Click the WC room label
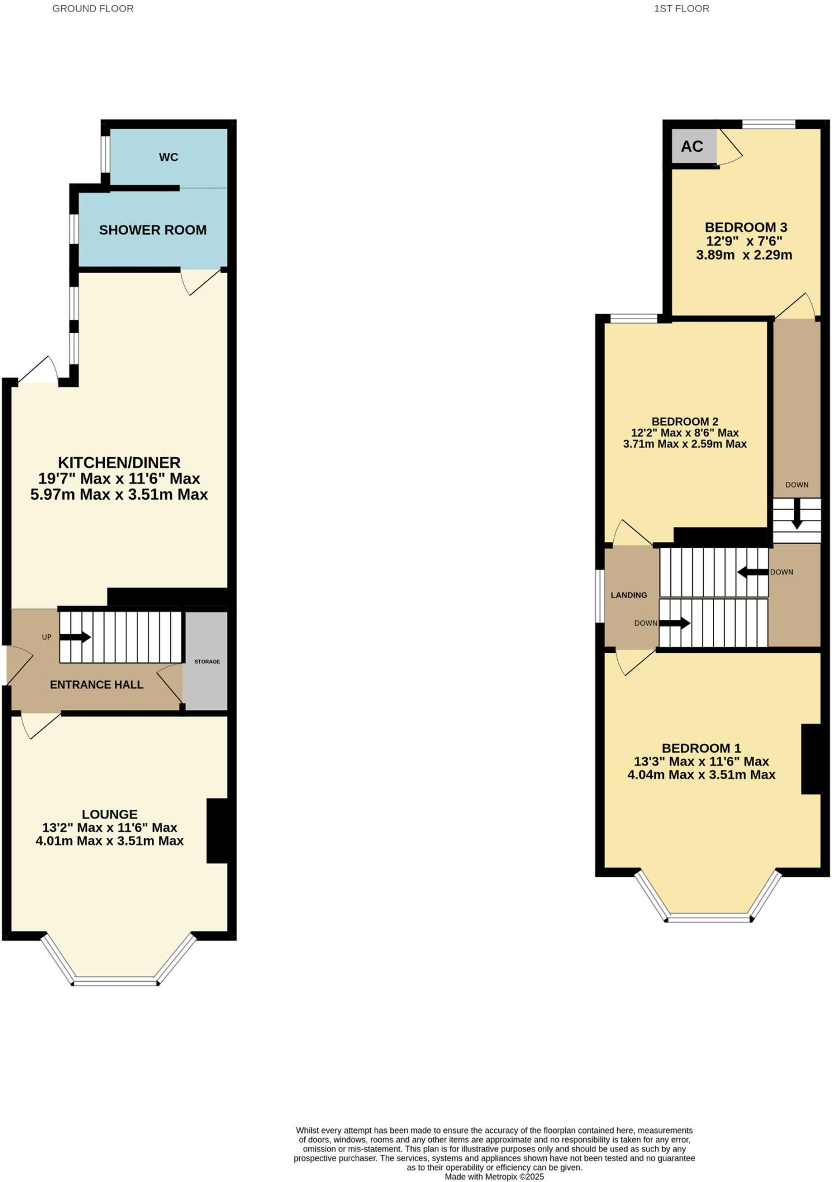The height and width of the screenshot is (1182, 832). tap(169, 157)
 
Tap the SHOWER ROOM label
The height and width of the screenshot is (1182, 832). tap(152, 230)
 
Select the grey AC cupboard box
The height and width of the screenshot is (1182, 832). tap(693, 146)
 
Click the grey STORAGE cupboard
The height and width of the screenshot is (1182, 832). tap(206, 661)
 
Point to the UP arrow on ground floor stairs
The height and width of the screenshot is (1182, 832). tap(75, 637)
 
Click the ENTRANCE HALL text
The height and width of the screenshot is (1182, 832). tap(96, 684)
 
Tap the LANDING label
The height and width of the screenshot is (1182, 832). tap(629, 595)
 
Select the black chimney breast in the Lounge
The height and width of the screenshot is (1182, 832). tap(218, 831)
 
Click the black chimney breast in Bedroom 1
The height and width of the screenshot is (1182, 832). tap(811, 758)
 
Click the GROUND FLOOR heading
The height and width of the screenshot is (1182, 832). tap(93, 9)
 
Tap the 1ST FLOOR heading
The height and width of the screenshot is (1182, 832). tap(681, 9)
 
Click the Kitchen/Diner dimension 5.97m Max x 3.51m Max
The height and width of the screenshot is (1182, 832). tap(119, 495)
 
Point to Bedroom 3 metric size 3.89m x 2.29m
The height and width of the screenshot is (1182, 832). tap(744, 255)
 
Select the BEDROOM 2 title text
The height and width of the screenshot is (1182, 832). tap(685, 421)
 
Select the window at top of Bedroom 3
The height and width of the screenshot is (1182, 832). tap(768, 124)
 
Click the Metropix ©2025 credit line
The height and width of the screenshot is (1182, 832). tap(494, 1177)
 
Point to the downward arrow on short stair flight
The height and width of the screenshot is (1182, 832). tap(797, 513)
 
